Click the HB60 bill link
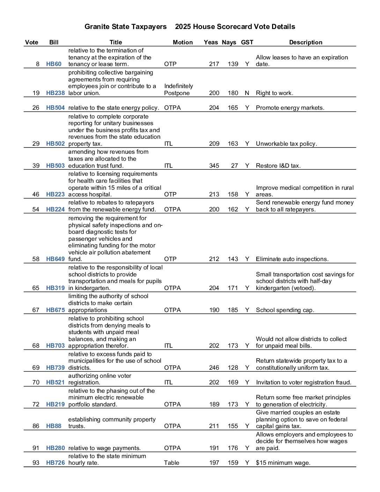pos(53,64)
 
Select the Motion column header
pos(183,42)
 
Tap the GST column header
pos(247,42)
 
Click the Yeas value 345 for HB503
pos(214,166)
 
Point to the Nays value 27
pos(234,166)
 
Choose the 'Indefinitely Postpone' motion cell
pos(178,89)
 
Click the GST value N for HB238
pos(247,93)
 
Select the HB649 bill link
pos(55,259)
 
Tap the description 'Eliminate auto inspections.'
pos(292,259)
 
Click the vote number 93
pos(36,463)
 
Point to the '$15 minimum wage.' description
pos(283,463)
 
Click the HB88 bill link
pos(53,426)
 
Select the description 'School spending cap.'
pos(285,310)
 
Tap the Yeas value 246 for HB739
pos(214,368)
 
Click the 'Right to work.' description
pos(275,93)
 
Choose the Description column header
pos(306,42)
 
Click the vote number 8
pos(38,64)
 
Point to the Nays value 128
pos(233,368)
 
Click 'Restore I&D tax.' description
pos(278,166)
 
